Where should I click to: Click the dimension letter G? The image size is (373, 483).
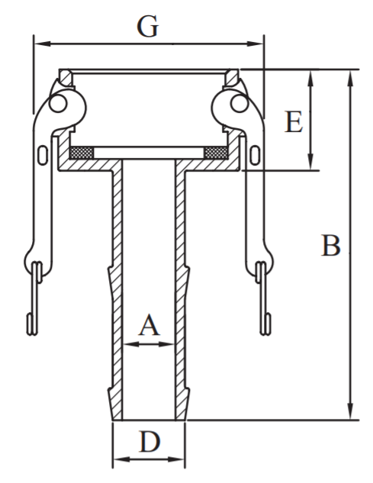147,27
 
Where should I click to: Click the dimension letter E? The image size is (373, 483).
294,122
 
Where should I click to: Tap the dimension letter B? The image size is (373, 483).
331,246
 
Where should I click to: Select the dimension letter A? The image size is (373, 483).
150,325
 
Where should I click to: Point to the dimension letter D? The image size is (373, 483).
150,442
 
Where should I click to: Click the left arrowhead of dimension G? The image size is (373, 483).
42,43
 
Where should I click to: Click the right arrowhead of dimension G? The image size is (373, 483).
256,43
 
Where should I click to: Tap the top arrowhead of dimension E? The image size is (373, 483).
310,78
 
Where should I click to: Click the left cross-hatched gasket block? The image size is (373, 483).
82,153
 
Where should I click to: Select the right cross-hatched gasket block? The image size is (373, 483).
216,153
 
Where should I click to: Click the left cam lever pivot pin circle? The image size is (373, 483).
59,104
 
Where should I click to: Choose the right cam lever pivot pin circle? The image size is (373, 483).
240,104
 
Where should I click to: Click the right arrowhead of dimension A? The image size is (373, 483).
166,344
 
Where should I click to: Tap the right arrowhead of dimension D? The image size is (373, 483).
176,459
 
